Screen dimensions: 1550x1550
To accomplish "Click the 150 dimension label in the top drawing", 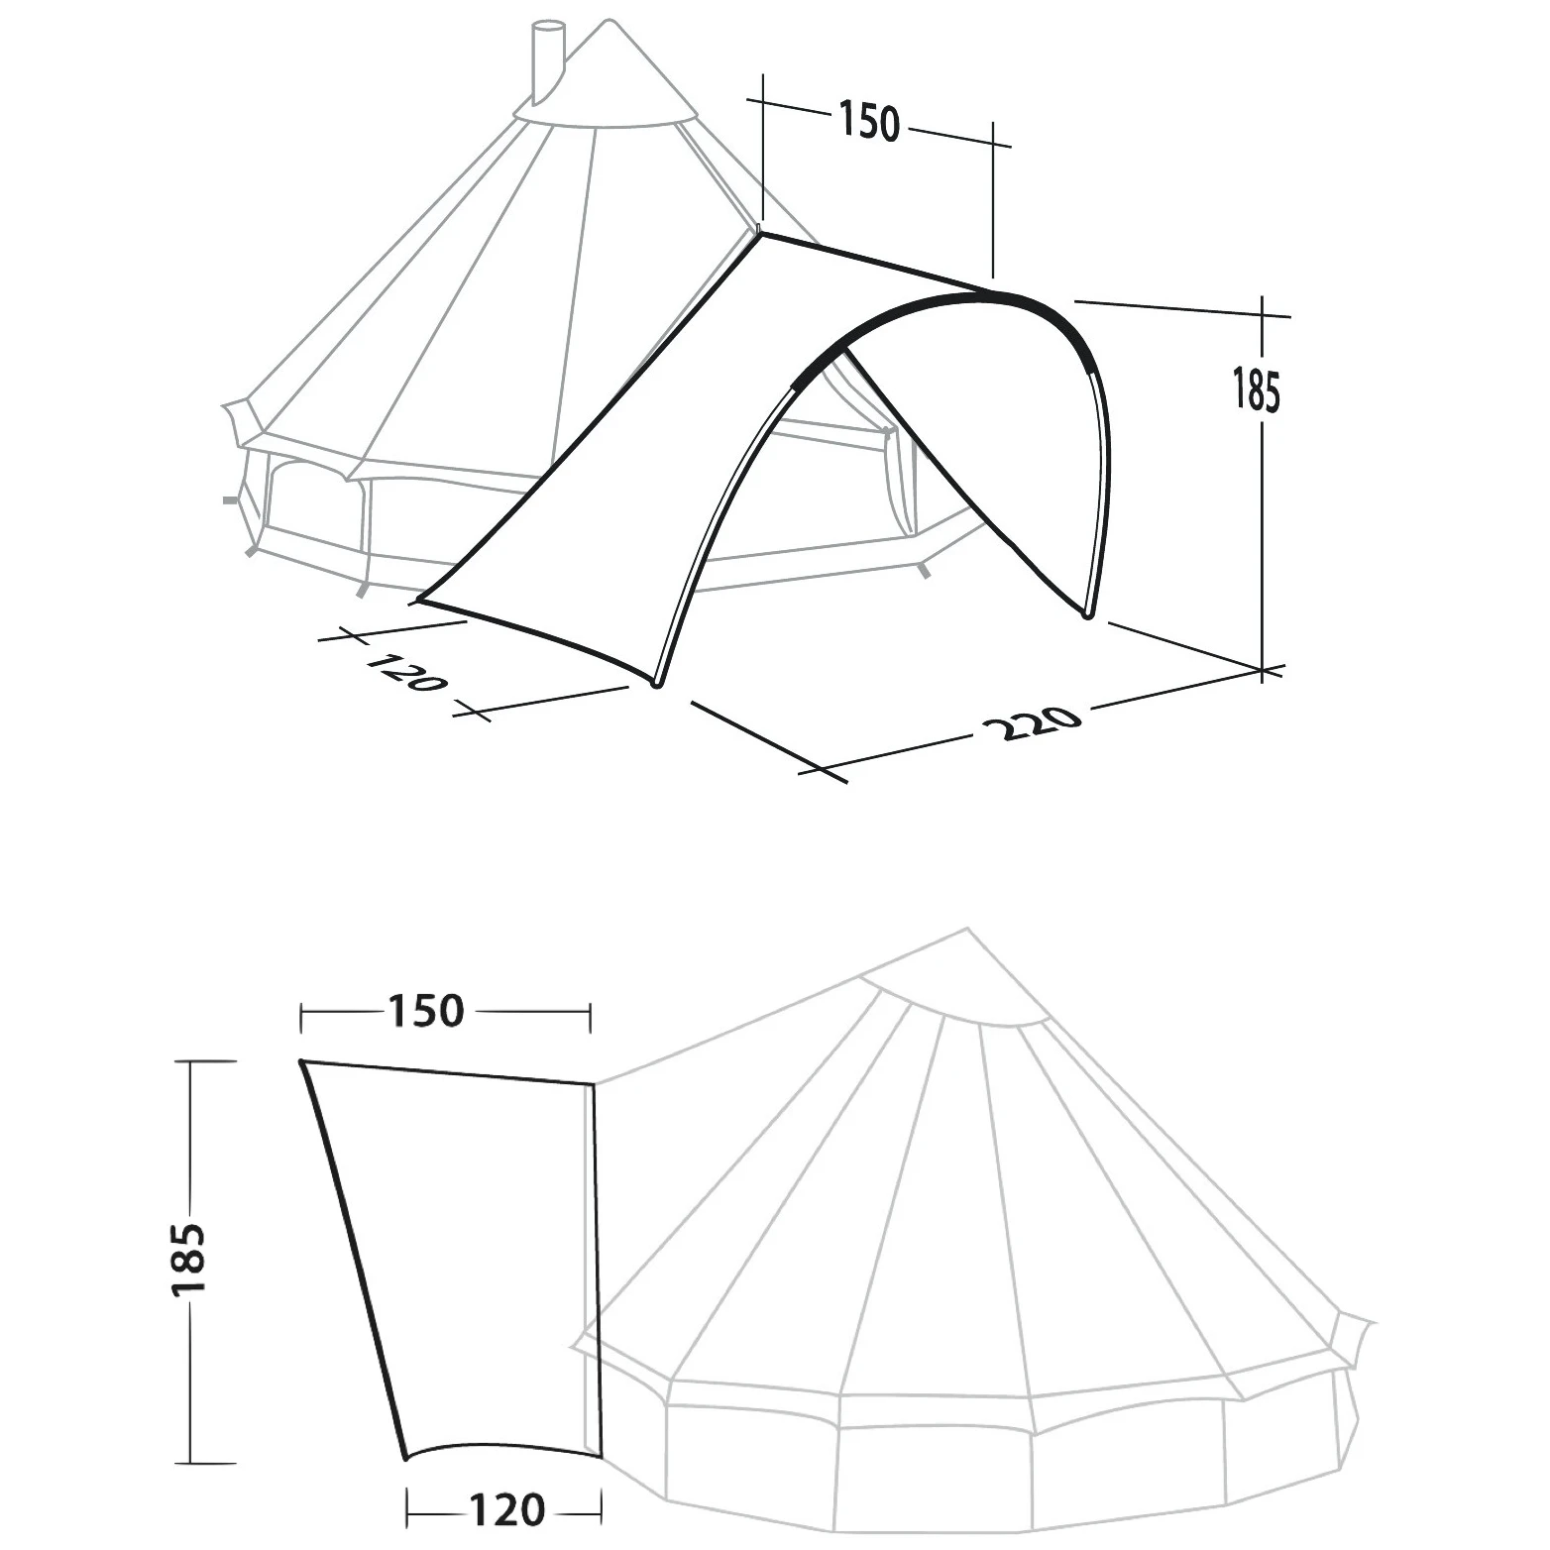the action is [x=869, y=120].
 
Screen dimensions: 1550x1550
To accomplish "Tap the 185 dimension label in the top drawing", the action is [x=1256, y=388].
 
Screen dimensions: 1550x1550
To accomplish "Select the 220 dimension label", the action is [x=1031, y=723].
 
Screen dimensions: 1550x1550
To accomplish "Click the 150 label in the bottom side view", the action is [x=423, y=1012].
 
